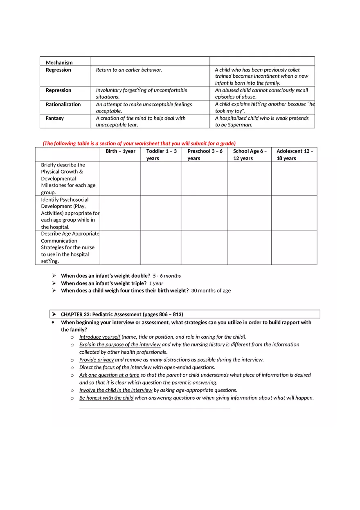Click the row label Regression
click(58, 70)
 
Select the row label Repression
click(58, 90)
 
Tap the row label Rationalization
click(63, 104)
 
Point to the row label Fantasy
click(55, 118)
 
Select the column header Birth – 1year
click(120, 151)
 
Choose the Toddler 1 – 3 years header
click(161, 155)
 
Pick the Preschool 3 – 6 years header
click(205, 155)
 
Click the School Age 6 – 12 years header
click(250, 155)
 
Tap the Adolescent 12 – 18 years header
click(295, 155)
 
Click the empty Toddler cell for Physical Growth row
click(161, 178)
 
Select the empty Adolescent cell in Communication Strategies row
click(294, 247)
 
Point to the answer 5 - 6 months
click(167, 276)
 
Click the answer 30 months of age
click(211, 290)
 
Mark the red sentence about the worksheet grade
click(139, 143)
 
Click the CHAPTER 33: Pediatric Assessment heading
click(122, 314)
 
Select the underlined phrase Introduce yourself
click(100, 337)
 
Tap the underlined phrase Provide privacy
click(97, 359)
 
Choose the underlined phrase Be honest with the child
click(106, 398)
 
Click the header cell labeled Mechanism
click(59, 63)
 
